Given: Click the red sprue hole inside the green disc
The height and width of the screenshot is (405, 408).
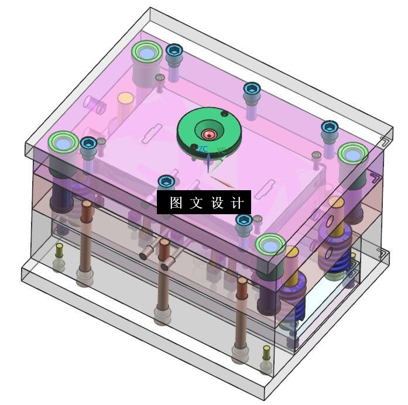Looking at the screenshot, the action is point(209,135).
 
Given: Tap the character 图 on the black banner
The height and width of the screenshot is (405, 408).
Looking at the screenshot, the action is point(176,203).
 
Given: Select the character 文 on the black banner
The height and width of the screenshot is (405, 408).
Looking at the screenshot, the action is point(196,203).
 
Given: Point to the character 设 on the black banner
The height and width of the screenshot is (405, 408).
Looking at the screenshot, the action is point(217,203).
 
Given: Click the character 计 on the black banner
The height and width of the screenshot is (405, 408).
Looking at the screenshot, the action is point(237,203).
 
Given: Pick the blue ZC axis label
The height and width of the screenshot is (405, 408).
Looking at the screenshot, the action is point(204,149).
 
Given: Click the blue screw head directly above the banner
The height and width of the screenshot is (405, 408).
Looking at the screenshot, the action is point(166,181).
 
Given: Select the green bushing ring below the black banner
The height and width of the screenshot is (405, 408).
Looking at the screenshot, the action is point(270,246).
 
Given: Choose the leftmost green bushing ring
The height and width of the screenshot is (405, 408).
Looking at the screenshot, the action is point(63,143).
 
